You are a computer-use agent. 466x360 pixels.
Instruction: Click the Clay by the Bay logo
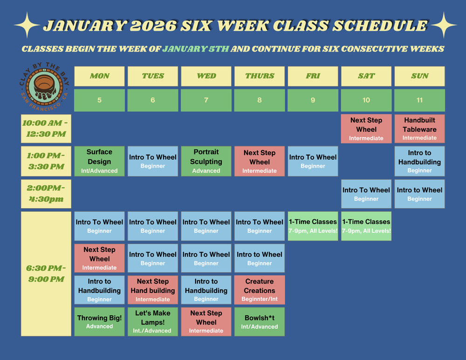point(45,87)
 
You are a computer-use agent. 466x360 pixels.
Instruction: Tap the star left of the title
point(27,25)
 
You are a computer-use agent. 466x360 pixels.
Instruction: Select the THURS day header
point(260,76)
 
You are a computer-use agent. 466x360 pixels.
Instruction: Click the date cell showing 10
point(366,100)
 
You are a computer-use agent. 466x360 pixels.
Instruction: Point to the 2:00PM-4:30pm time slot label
point(46,194)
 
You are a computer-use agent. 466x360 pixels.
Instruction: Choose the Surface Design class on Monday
point(99,161)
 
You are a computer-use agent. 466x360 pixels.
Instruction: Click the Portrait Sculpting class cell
point(206,161)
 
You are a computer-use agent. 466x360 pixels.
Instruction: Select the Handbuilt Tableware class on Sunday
point(419,129)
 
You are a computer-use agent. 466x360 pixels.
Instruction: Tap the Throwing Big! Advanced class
point(99,322)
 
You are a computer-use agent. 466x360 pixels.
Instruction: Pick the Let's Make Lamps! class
point(153,322)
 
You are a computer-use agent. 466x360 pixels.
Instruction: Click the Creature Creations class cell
point(260,290)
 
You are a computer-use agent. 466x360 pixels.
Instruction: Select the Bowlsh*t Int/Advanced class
point(260,322)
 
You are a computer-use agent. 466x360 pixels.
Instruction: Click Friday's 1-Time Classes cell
point(313,226)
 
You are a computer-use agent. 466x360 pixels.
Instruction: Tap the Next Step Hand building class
point(153,290)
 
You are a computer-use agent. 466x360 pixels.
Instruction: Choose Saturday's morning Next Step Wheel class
point(366,129)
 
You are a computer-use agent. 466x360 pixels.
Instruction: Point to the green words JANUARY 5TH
point(196,49)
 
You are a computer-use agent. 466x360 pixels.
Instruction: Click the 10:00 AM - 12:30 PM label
point(46,129)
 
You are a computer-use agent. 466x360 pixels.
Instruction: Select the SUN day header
point(419,76)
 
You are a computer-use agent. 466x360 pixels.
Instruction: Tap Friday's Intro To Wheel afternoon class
point(313,161)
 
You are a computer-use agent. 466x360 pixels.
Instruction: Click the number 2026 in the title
point(153,26)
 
